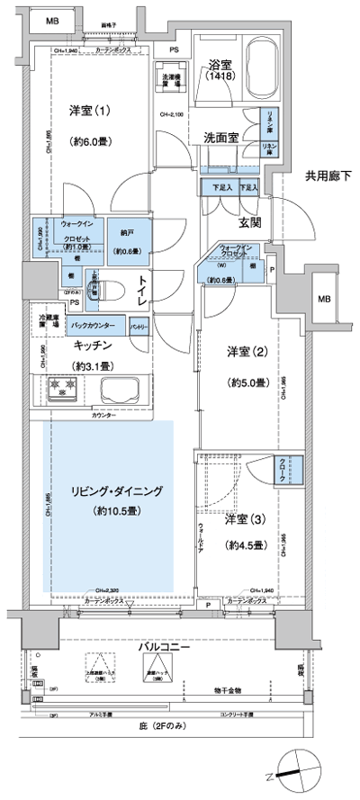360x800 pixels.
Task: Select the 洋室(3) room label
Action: [243, 521]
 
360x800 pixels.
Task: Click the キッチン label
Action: [93, 346]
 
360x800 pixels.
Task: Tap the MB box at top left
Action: [54, 20]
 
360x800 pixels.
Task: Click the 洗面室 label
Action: [218, 140]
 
